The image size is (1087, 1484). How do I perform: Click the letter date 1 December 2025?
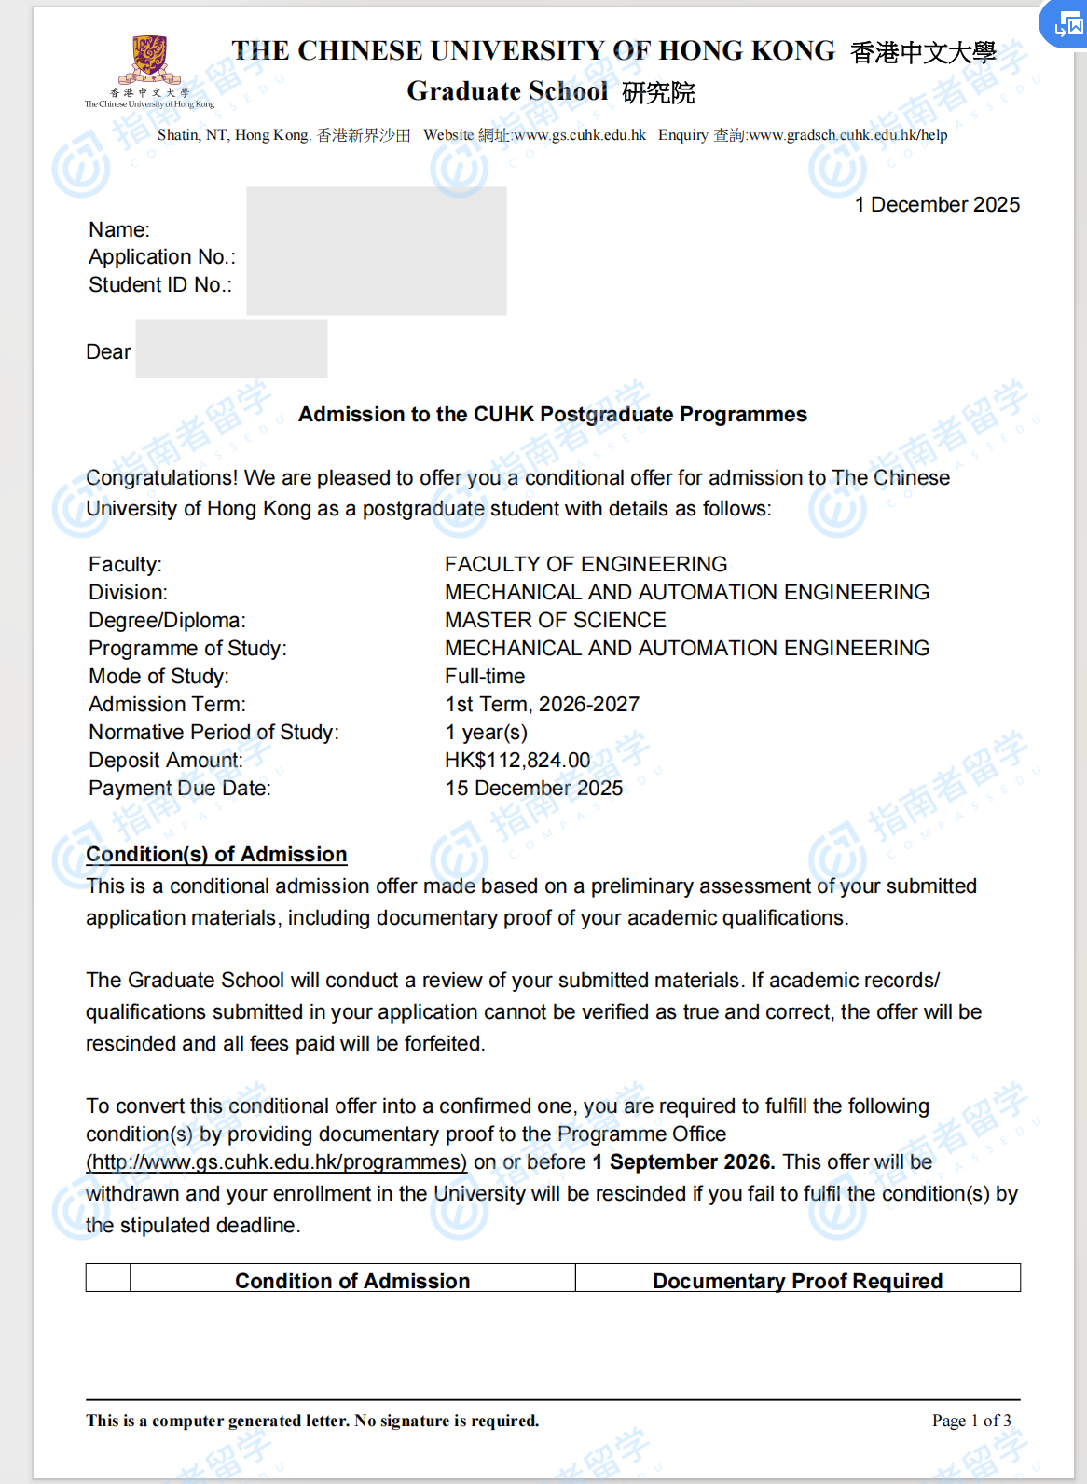click(x=937, y=205)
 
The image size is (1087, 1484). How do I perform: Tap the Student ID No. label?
click(x=160, y=285)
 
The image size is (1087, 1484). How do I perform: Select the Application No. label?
click(x=162, y=257)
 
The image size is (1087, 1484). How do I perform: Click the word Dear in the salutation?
click(x=108, y=352)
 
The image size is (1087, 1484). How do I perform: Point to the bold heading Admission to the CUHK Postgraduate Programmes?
click(x=552, y=415)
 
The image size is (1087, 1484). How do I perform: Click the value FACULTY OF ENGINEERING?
click(x=585, y=565)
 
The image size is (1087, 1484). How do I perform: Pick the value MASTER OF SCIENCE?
click(x=555, y=621)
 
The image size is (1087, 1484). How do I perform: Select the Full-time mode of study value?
click(x=485, y=677)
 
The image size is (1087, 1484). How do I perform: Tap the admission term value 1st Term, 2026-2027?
click(x=542, y=705)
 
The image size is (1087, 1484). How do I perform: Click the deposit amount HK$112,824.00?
click(x=517, y=761)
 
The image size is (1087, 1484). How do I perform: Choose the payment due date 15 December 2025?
click(x=533, y=789)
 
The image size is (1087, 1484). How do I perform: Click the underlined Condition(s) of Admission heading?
click(x=216, y=855)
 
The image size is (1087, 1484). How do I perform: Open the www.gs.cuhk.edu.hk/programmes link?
click(x=276, y=1162)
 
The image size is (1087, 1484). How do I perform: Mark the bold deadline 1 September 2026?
click(x=683, y=1162)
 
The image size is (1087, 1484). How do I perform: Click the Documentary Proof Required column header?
click(x=797, y=1281)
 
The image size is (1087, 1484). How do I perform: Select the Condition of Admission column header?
click(x=352, y=1281)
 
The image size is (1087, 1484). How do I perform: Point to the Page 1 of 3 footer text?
click(x=970, y=1421)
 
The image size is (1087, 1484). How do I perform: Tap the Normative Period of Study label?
click(x=213, y=733)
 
